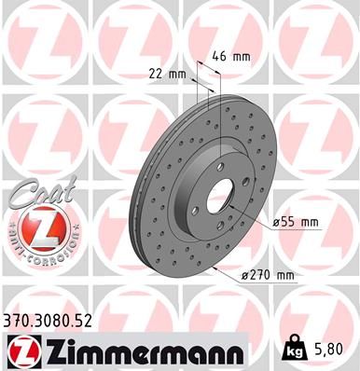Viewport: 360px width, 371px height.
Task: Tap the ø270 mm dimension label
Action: click(268, 275)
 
